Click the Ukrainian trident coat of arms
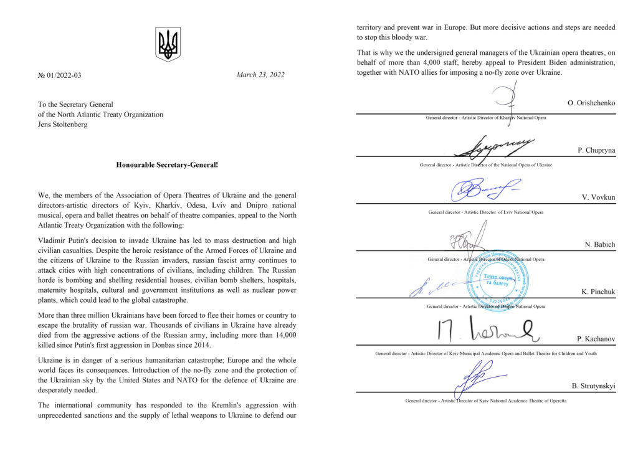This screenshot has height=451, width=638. (168, 44)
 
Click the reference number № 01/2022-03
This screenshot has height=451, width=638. (60, 75)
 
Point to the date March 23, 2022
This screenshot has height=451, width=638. (260, 75)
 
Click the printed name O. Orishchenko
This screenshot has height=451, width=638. (591, 103)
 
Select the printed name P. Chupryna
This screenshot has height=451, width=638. (596, 150)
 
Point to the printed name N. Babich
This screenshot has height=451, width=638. (600, 244)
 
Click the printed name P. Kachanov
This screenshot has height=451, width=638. (596, 339)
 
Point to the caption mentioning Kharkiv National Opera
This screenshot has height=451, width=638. (485, 117)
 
